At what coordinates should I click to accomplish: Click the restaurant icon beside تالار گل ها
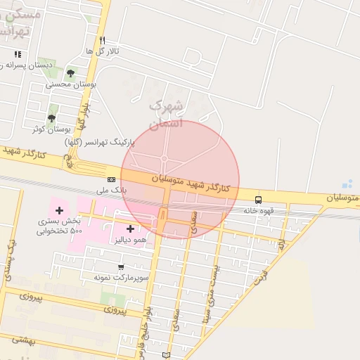tap(103, 40)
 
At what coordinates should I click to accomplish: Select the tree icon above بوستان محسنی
tap(70, 72)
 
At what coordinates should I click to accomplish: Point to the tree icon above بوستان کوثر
tap(51, 118)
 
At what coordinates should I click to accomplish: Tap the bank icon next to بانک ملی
tap(111, 180)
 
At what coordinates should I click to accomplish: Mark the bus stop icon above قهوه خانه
tap(258, 200)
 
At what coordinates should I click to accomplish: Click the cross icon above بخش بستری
tap(59, 210)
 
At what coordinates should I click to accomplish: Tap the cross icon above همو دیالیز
tap(130, 229)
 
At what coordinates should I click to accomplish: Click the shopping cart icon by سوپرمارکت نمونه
tap(121, 266)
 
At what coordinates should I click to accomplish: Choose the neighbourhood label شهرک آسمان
tap(167, 114)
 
